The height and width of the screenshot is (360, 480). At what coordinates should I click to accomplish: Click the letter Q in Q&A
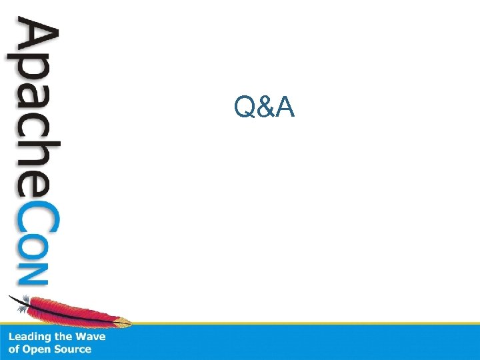coord(243,107)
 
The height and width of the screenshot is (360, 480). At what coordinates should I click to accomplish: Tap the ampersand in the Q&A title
coord(264,107)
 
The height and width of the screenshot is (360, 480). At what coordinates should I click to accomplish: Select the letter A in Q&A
coord(285,107)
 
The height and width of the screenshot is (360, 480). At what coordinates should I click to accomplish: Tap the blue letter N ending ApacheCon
coord(33,273)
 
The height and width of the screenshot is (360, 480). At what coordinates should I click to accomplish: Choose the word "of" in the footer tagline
coord(13,349)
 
